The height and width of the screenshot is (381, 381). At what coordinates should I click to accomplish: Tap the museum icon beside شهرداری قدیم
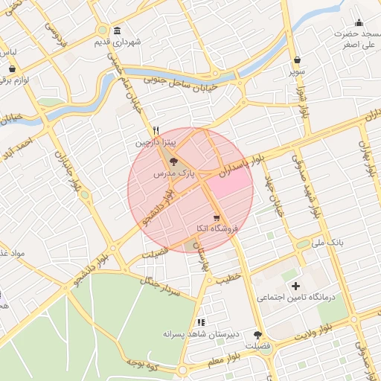coord(117,31)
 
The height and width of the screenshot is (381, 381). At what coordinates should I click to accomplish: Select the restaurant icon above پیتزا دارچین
coord(155,129)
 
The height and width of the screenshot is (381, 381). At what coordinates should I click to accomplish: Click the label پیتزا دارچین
coord(155,140)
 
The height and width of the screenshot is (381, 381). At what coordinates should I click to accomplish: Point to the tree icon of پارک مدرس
coord(173,161)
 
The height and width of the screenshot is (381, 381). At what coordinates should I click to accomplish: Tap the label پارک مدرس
coord(173,173)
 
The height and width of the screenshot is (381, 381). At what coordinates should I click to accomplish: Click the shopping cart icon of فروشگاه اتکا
coord(216,218)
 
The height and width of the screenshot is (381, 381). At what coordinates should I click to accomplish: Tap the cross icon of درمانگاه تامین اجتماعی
coord(295,286)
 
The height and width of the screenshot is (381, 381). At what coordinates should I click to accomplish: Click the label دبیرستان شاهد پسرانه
coord(201,334)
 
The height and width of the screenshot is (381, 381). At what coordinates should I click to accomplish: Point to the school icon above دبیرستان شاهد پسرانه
coord(200,322)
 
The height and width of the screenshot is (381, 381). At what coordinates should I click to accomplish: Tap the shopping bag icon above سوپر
coord(297,60)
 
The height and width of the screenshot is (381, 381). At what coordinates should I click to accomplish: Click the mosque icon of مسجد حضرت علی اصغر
coord(359,23)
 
